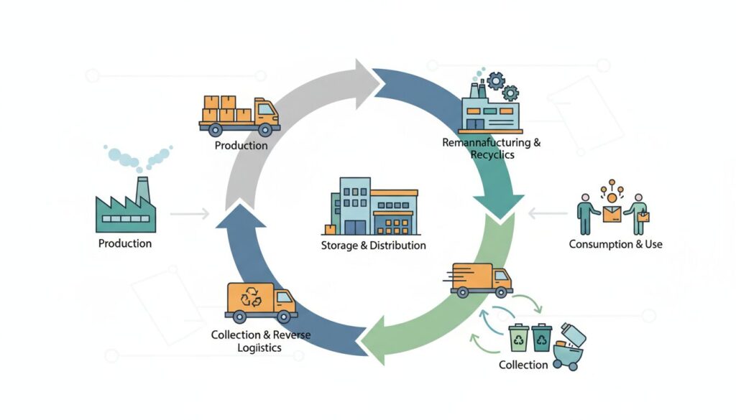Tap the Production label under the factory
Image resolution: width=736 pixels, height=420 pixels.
[125, 243]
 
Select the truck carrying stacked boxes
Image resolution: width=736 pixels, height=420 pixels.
[239, 115]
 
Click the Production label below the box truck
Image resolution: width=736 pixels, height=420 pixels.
[241, 145]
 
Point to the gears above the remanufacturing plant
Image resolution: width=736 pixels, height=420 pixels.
[501, 85]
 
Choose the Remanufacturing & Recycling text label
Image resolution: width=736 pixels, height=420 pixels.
[492, 149]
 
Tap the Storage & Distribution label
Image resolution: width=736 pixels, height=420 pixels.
[374, 246]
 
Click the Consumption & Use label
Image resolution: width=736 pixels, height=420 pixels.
[615, 244]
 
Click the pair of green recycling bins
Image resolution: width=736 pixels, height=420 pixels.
[530, 337]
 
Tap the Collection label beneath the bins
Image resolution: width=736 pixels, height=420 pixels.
[523, 365]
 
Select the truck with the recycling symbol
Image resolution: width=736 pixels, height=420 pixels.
[260, 301]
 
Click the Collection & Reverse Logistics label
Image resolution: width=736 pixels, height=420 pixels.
[252, 341]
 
